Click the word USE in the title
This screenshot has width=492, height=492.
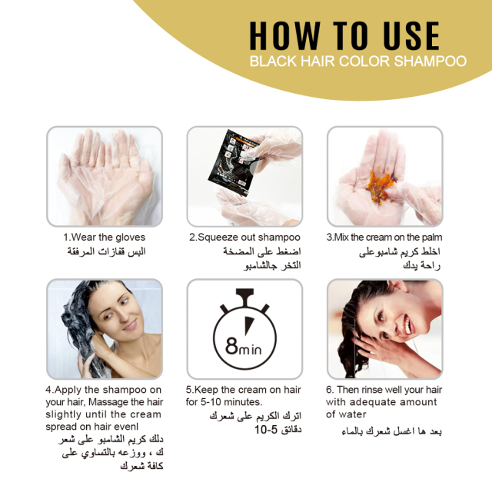pos(411,36)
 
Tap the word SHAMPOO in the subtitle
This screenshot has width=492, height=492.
pos(430,61)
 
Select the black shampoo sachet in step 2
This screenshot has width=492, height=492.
pos(234,162)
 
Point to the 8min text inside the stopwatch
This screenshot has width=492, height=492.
pos(244,347)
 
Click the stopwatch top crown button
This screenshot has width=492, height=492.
pos(244,295)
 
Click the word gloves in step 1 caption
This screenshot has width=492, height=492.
pos(130,238)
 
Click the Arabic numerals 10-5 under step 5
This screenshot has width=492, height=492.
pos(266,430)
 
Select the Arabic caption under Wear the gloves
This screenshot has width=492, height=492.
pos(106,251)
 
